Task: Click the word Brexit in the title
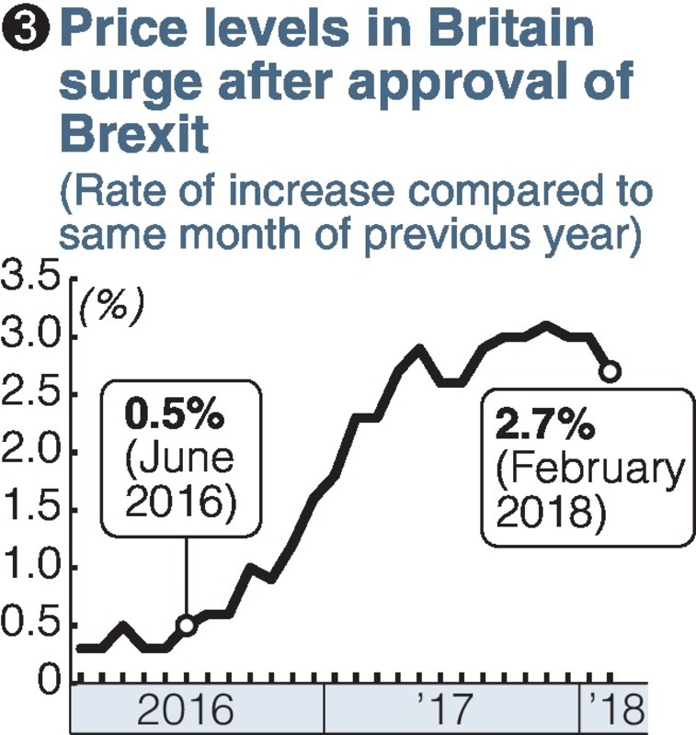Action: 134,135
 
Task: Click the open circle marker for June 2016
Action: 187,625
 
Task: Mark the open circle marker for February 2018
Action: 610,371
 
